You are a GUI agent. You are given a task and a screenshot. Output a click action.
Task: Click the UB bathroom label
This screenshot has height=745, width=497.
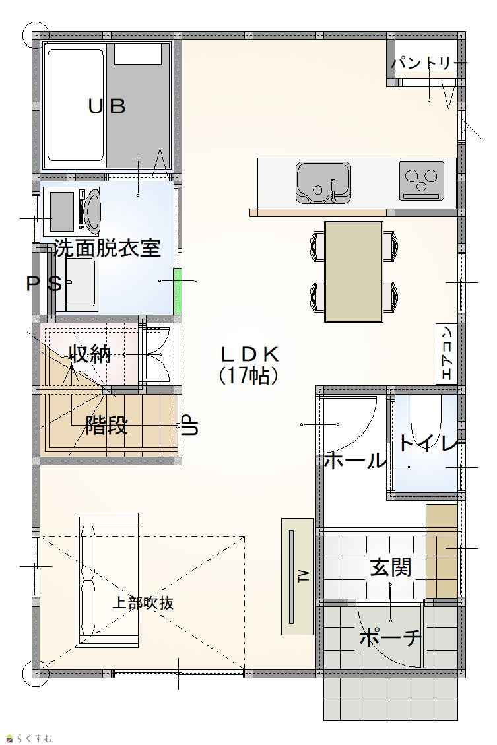click(108, 106)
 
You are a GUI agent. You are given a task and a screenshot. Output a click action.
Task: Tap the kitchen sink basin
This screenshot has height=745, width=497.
click(323, 182)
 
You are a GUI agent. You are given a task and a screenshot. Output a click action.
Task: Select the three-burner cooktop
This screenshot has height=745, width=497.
click(421, 181)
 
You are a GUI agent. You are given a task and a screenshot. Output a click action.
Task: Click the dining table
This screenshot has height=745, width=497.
click(354, 271)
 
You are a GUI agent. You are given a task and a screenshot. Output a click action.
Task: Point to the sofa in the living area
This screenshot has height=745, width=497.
click(106, 579)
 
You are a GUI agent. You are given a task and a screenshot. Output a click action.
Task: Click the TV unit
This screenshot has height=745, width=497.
click(298, 576)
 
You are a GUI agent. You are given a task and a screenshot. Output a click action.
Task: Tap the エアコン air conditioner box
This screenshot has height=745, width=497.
click(447, 353)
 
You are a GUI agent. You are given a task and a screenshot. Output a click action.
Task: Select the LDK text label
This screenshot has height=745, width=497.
click(249, 354)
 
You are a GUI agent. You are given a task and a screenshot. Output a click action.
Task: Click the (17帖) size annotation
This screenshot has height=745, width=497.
click(248, 376)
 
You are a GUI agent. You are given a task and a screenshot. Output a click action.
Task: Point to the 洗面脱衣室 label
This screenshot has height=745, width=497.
click(108, 247)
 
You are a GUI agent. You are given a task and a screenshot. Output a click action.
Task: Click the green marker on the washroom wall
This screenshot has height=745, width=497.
click(178, 291)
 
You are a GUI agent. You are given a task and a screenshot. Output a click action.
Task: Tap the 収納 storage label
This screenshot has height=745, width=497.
click(90, 354)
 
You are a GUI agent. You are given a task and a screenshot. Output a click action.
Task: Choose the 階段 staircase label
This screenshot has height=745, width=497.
click(106, 425)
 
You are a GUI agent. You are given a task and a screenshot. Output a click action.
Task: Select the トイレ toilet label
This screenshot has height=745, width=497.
click(428, 443)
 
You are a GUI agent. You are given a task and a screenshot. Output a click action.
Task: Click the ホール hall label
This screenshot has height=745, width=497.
click(354, 461)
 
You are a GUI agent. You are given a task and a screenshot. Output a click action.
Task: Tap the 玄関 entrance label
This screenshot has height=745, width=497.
click(391, 567)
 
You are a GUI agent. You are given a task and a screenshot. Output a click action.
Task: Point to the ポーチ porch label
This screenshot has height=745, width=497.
click(390, 637)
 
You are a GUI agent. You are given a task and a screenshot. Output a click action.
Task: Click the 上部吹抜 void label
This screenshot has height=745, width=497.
click(143, 603)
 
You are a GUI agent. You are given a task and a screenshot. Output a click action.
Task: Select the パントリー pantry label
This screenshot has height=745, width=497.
click(429, 63)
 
